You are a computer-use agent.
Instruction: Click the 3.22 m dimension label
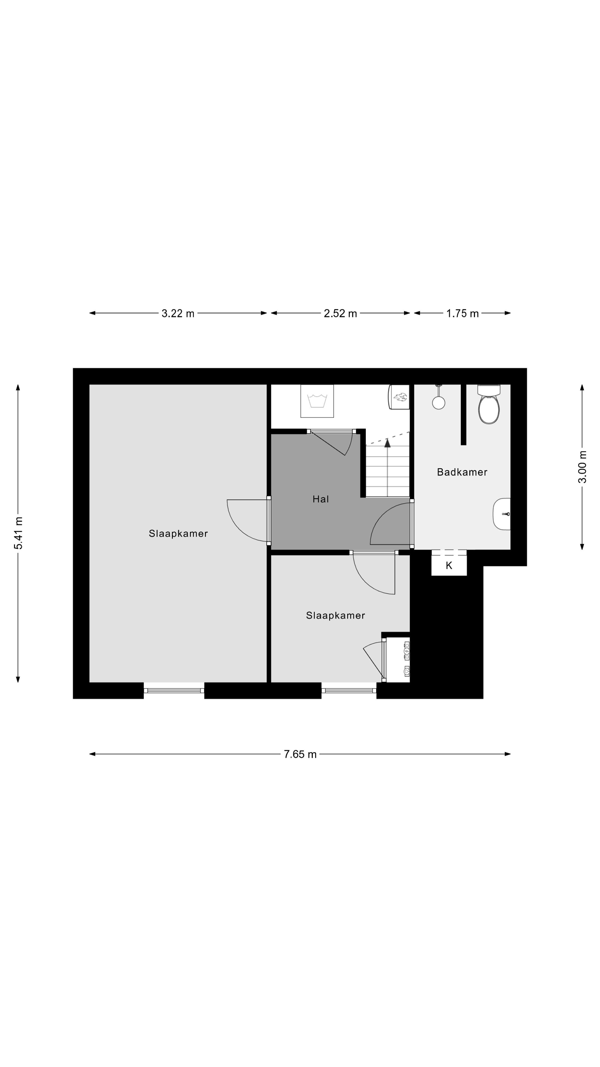click(178, 313)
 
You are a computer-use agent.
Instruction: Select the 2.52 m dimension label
click(340, 313)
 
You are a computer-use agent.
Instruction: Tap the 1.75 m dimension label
click(462, 313)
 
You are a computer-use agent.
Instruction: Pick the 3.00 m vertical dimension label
click(582, 467)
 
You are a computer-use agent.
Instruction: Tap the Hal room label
click(321, 499)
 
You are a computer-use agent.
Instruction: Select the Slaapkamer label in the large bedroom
click(178, 533)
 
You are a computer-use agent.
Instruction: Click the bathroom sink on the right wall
click(502, 514)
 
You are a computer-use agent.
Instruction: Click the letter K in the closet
click(449, 566)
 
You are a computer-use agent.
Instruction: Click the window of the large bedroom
click(174, 690)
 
